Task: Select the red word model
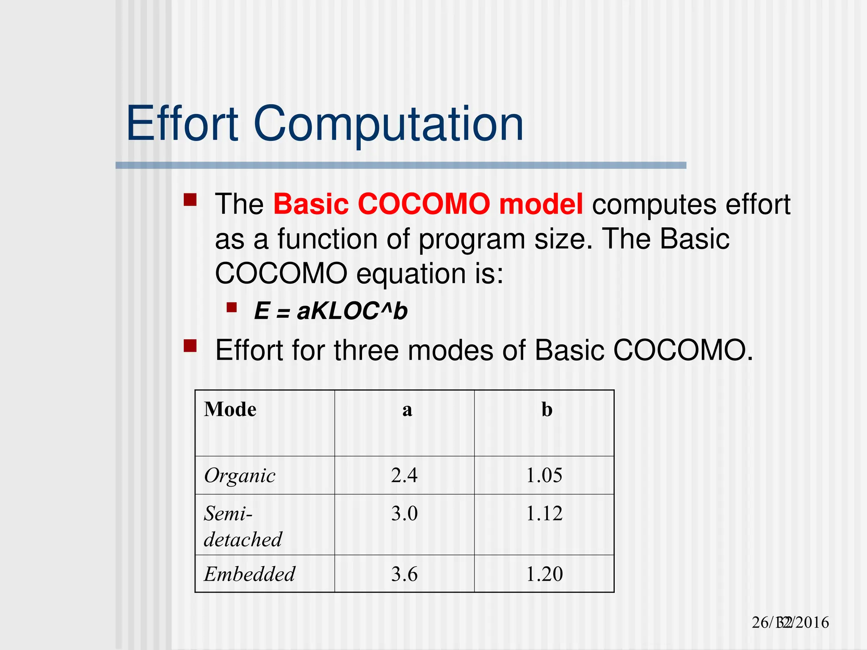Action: pyautogui.click(x=541, y=204)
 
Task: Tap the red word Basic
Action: pyautogui.click(x=311, y=204)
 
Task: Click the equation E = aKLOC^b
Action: pyautogui.click(x=331, y=311)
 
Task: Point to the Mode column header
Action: pyautogui.click(x=230, y=410)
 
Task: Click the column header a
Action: pyautogui.click(x=407, y=410)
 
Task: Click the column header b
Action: pyautogui.click(x=547, y=410)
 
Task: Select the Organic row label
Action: pyautogui.click(x=240, y=476)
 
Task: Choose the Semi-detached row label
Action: pyautogui.click(x=243, y=526)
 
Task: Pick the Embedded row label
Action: pyautogui.click(x=249, y=574)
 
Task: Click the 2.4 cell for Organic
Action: pyautogui.click(x=404, y=475)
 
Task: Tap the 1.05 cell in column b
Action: pyautogui.click(x=544, y=475)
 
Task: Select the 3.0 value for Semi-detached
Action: pyautogui.click(x=404, y=513)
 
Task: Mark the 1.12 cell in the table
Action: pyautogui.click(x=544, y=513)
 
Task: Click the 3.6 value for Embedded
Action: pyautogui.click(x=404, y=574)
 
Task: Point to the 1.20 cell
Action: pyautogui.click(x=544, y=574)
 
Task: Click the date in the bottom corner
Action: pyautogui.click(x=790, y=622)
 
